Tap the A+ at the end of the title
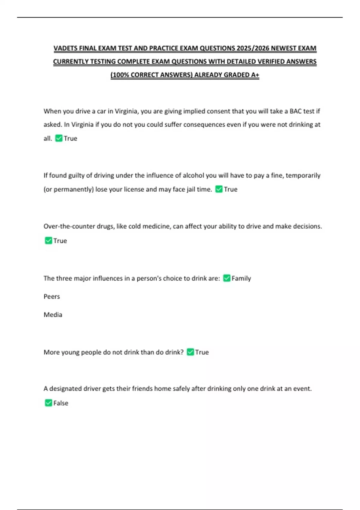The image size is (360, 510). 255,75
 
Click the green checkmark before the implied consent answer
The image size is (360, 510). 59,138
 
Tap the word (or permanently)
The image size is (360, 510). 69,189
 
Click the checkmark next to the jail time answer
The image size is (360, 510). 219,189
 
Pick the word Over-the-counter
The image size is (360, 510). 69,226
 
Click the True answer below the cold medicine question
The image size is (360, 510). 60,241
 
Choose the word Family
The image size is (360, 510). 241,278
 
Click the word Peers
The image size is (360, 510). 52,297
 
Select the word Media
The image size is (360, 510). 53,315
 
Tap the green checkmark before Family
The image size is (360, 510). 227,278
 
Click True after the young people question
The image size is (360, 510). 202,352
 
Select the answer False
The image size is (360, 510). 61,403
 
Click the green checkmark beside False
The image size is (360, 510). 48,403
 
